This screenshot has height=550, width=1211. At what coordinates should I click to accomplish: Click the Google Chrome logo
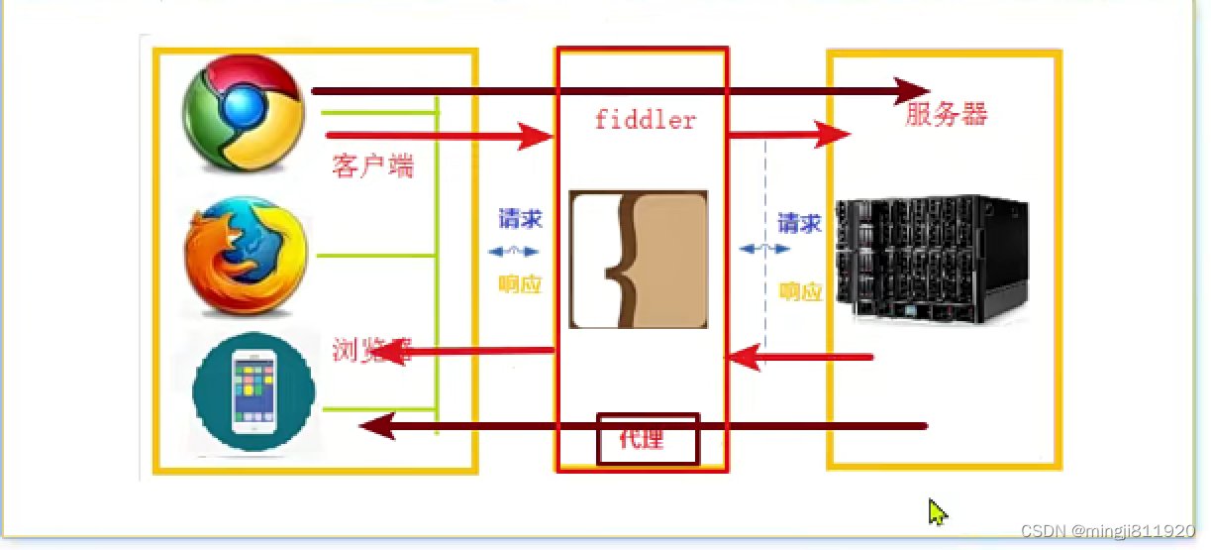pos(244,111)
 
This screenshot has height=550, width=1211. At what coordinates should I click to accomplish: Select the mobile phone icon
pos(253,389)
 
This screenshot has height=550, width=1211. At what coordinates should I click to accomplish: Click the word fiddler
pos(645,121)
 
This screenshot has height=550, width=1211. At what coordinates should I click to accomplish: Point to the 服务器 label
pos(947,115)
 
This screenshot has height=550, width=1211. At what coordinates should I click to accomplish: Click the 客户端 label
pos(372,165)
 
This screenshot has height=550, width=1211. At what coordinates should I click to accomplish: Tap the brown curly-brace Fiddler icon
pos(639,260)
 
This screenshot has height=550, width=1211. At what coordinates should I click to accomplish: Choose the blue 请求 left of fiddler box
pos(521,219)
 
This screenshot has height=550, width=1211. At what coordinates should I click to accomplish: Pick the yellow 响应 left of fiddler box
pos(521,284)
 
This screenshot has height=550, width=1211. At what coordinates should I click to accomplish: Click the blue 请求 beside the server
pos(799,223)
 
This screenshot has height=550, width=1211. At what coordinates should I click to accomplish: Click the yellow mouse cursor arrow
pos(937,511)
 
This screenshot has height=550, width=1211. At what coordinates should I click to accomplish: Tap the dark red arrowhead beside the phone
pos(376,426)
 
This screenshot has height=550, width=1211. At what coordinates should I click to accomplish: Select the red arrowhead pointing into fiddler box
pos(535,136)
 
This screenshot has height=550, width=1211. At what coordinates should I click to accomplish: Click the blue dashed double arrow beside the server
pos(763,249)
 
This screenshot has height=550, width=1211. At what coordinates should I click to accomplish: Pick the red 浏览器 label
pos(372,350)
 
